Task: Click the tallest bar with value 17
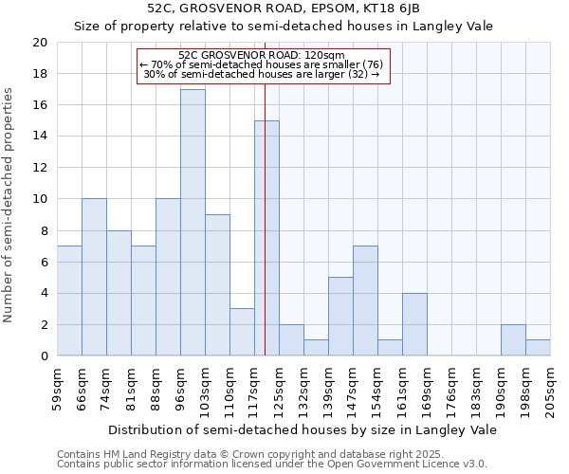(x=193, y=223)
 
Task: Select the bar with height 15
(x=266, y=238)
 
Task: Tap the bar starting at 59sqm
(x=69, y=301)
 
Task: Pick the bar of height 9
(x=217, y=285)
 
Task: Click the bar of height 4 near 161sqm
(x=414, y=324)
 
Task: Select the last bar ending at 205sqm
(x=538, y=348)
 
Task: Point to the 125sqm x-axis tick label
(x=279, y=387)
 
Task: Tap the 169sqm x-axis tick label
(x=427, y=387)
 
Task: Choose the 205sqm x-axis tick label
(x=550, y=387)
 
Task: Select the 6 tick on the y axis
(x=43, y=262)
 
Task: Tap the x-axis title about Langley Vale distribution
(x=303, y=429)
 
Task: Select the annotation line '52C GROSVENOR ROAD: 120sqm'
(x=261, y=56)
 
